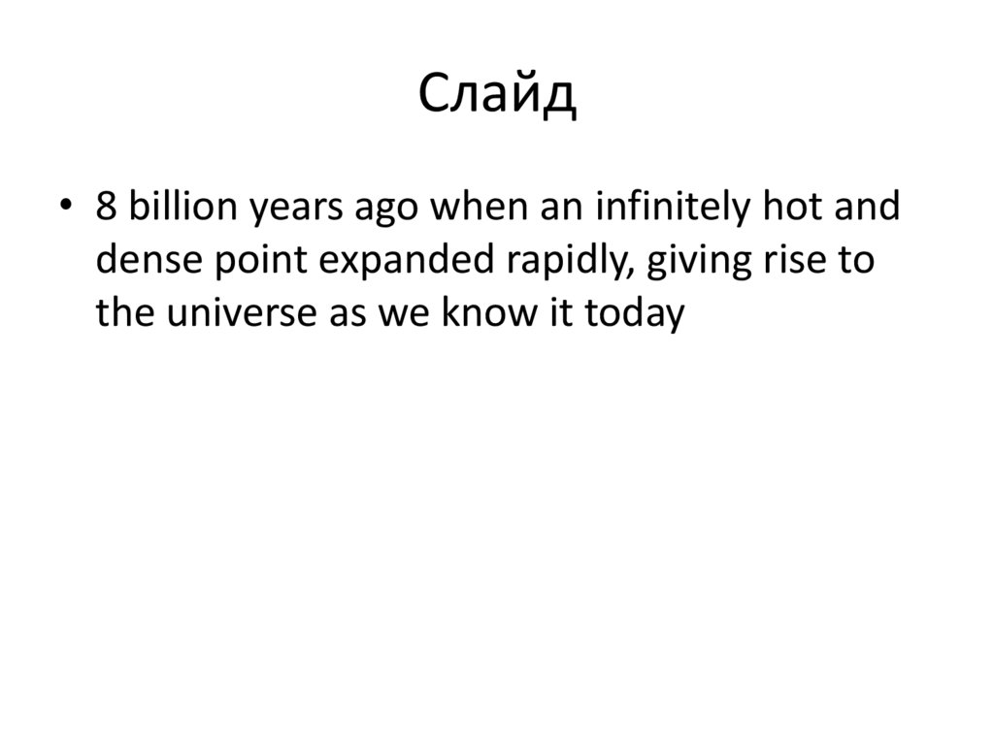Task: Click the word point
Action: click(x=237, y=261)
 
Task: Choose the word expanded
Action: click(x=375, y=261)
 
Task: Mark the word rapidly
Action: click(x=533, y=261)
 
